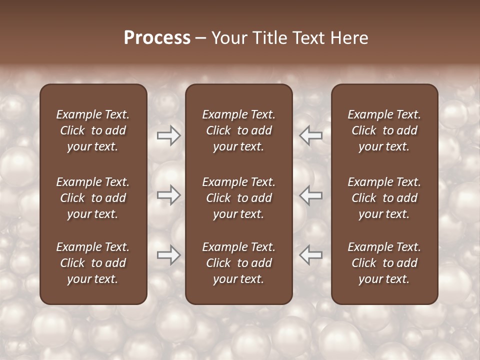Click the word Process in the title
tap(157, 38)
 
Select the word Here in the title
tap(349, 38)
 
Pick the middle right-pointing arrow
tap(168, 195)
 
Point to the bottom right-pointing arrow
tap(168, 255)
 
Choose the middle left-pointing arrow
tap(311, 195)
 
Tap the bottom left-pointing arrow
tap(311, 255)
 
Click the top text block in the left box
tap(93, 130)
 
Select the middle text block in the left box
tap(93, 198)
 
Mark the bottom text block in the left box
tap(93, 263)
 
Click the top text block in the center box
tap(238, 130)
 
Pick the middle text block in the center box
tap(238, 198)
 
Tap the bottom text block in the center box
tap(238, 263)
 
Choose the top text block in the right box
tap(384, 130)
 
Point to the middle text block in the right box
tap(384, 198)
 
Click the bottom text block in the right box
tap(384, 263)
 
